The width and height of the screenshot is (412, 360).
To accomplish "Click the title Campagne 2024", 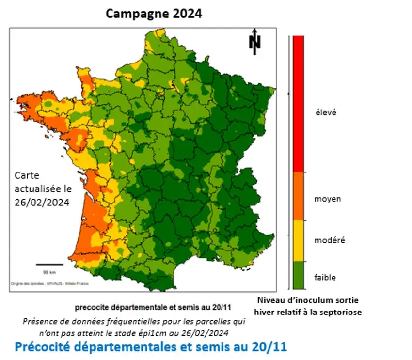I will click(154, 14).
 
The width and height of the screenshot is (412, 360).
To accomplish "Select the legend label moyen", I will click(327, 199).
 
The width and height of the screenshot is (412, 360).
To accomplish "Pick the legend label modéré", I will click(330, 240).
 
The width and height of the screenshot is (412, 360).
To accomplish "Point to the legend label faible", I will click(325, 277).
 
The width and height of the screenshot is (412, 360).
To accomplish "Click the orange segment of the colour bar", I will click(298, 196).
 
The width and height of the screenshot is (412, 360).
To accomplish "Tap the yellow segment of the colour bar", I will click(298, 240).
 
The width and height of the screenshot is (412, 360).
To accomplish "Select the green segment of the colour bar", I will click(298, 276).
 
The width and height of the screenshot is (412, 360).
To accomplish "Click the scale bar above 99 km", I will click(49, 265).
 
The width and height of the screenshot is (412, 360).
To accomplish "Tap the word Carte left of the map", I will click(27, 175).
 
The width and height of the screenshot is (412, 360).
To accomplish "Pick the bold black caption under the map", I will click(153, 307).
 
